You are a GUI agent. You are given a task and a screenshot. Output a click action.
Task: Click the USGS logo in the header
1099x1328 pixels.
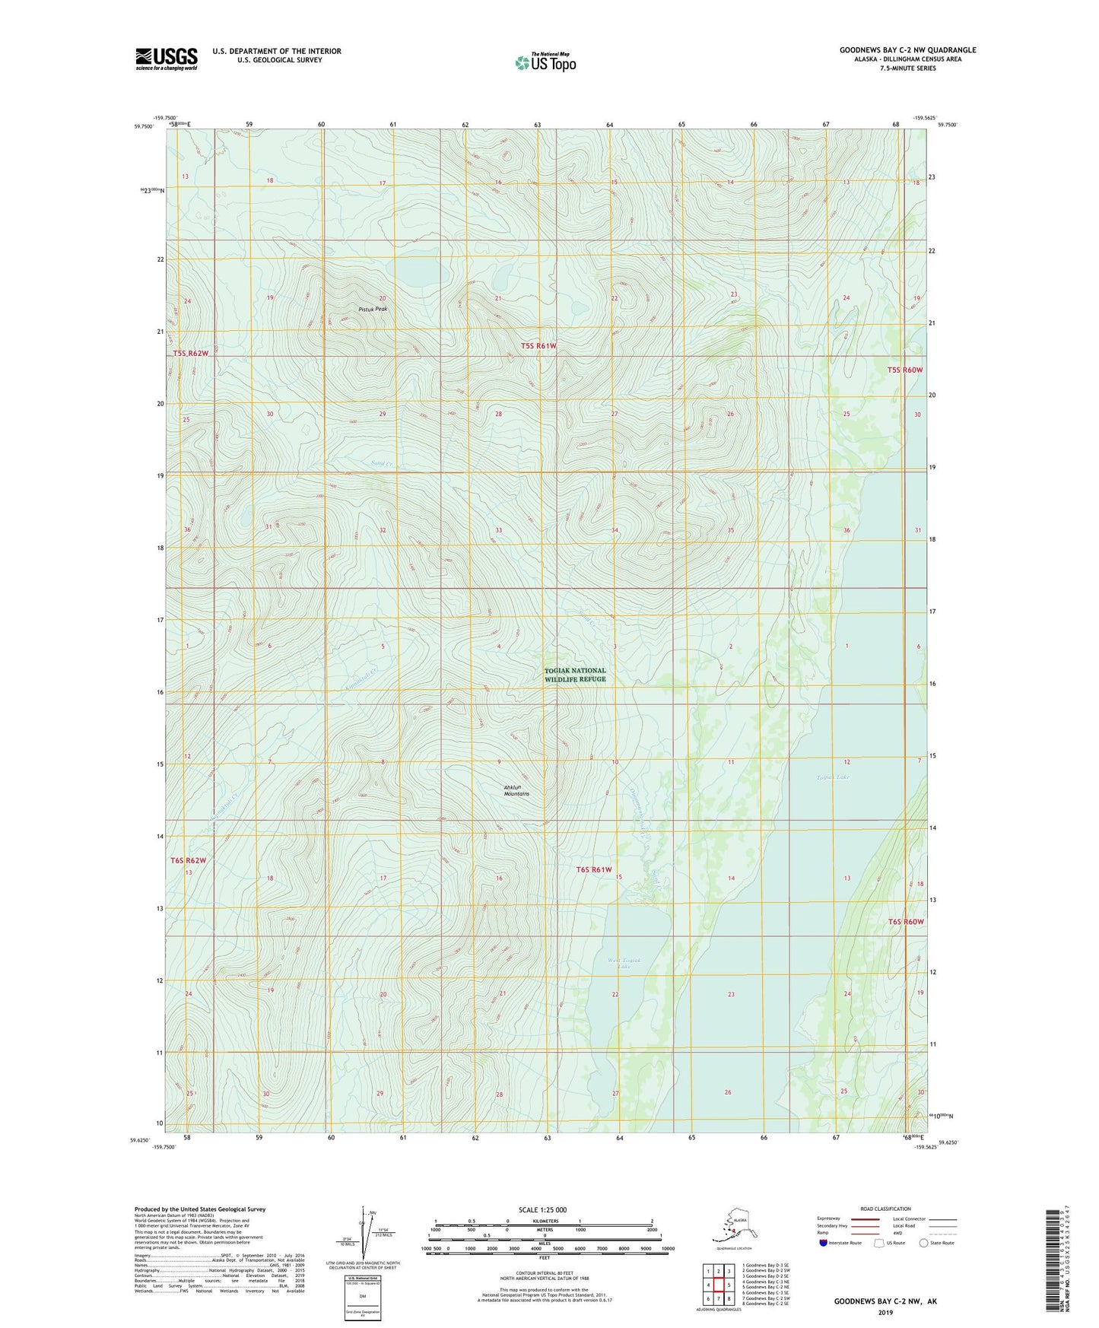(166, 59)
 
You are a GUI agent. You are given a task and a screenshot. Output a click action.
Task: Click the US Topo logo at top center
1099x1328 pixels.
(545, 62)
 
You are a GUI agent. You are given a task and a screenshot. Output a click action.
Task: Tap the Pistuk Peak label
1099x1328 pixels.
(373, 309)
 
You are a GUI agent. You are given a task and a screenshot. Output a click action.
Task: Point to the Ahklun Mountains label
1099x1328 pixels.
(516, 790)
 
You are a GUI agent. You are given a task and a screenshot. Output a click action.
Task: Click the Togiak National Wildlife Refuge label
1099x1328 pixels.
(575, 675)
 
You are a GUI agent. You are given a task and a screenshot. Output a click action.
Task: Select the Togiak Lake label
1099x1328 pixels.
(832, 777)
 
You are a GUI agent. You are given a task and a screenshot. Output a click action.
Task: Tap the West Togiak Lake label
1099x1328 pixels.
(624, 964)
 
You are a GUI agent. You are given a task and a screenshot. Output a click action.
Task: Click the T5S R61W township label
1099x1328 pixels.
(538, 346)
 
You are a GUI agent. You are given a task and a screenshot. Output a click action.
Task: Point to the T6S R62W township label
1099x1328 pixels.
(189, 860)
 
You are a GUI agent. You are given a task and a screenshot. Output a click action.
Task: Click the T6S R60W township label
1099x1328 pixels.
(905, 922)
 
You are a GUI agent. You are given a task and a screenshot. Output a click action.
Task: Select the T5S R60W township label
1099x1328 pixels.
(904, 370)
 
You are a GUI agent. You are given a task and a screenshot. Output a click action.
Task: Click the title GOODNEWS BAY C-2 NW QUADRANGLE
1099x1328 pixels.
(907, 50)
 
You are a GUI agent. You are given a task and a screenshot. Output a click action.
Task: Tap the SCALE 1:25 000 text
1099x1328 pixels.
(542, 1210)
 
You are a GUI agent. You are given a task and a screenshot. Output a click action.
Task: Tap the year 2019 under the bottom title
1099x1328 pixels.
(885, 1312)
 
